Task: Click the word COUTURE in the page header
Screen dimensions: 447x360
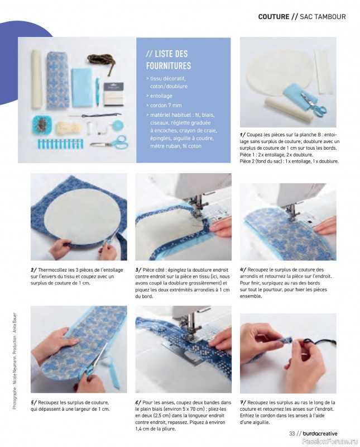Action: pos(273,17)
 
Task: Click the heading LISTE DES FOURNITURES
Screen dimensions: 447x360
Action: pos(167,60)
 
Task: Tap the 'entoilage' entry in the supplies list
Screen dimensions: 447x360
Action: pos(161,96)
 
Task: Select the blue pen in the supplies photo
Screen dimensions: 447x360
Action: pos(97,92)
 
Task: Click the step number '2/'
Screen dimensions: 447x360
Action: pos(33,270)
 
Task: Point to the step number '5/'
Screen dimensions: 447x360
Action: pos(33,402)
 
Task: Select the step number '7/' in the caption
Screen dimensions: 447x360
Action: pos(243,402)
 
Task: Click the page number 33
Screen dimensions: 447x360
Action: pos(291,434)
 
